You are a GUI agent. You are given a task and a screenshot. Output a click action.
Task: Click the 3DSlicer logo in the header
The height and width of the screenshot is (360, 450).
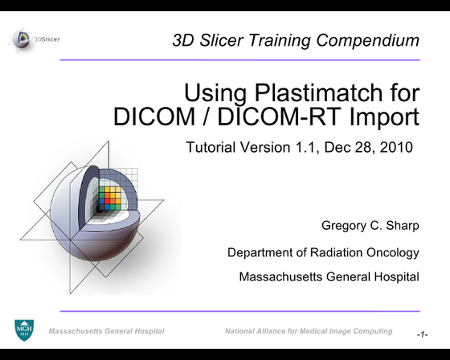click(x=35, y=37)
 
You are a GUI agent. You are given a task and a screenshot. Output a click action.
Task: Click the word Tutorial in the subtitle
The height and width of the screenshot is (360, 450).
click(x=211, y=147)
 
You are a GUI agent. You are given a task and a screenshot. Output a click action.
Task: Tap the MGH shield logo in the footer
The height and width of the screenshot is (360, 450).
click(x=24, y=329)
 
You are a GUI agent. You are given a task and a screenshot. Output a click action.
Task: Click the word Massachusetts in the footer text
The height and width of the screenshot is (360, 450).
click(x=80, y=330)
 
